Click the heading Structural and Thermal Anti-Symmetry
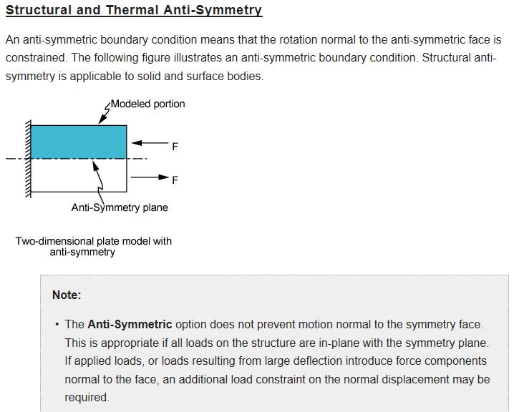point(134,11)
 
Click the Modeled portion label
point(148,104)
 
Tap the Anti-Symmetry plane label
point(120,207)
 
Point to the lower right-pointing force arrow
point(149,176)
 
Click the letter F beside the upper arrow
point(175,147)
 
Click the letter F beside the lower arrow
point(175,181)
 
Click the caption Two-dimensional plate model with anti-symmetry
point(94,246)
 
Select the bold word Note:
point(67,295)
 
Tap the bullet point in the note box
point(56,325)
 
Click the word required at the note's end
point(87,398)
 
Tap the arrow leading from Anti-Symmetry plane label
point(98,179)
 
